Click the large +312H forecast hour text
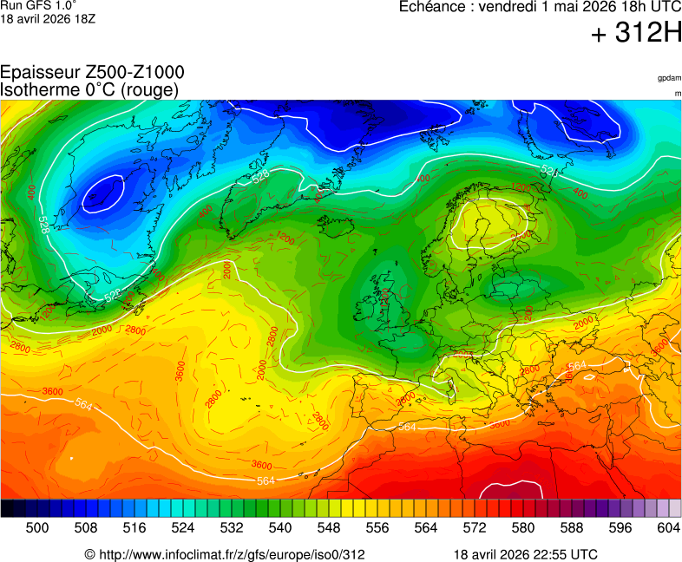(636, 34)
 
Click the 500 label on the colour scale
(37, 528)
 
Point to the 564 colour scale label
(426, 528)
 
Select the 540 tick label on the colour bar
(280, 528)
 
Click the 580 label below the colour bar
(523, 528)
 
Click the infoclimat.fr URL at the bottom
(225, 554)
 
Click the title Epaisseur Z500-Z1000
(92, 73)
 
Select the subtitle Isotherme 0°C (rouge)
(89, 89)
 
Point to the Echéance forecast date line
(540, 7)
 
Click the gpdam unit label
(669, 78)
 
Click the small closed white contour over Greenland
(102, 193)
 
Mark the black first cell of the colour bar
(7, 509)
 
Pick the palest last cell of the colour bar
(675, 509)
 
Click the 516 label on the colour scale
(134, 528)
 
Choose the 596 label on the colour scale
(620, 528)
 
